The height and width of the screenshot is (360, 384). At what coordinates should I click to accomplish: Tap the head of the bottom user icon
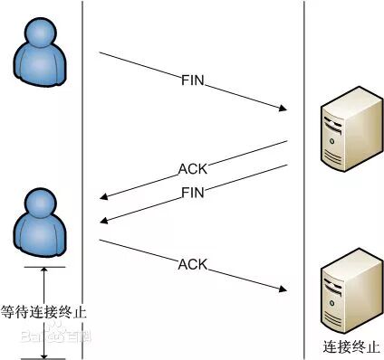43,206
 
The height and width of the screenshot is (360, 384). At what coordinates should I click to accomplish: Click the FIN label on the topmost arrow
194,82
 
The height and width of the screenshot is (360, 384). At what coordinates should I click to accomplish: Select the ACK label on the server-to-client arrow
194,169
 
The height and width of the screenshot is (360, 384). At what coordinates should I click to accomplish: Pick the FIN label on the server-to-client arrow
194,192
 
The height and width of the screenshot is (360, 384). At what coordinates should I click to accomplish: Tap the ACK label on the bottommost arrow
193,265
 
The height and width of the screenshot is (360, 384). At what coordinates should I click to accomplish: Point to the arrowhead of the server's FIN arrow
104,221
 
